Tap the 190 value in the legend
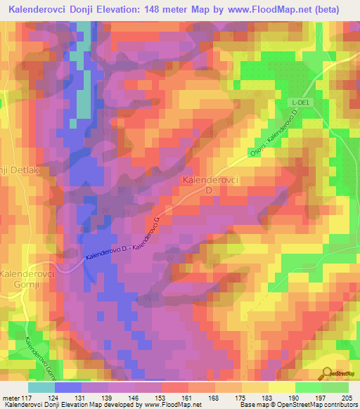295,397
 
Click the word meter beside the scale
11,397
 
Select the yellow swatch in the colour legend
282,387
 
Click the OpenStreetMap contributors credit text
326,405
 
